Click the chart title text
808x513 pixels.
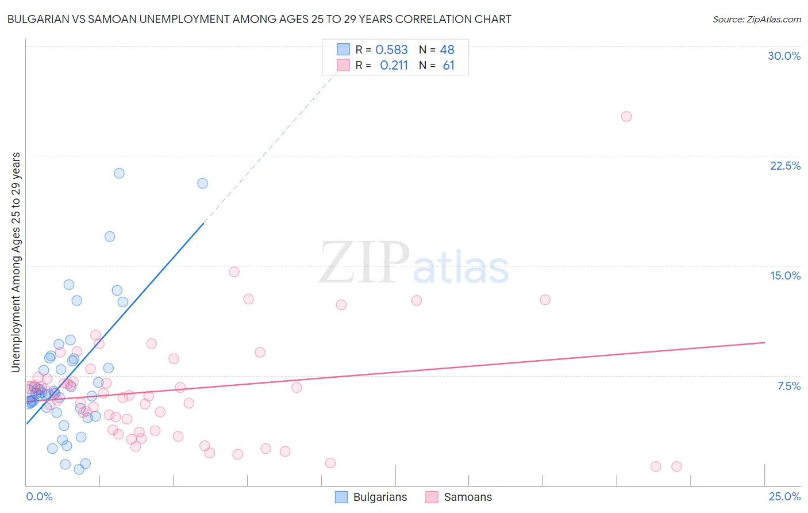point(259,20)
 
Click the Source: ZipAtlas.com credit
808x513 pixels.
point(756,20)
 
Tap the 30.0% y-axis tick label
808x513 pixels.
point(784,56)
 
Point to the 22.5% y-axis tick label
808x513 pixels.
point(785,166)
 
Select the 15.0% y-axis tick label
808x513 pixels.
point(785,275)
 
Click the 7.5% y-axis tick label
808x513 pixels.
point(788,386)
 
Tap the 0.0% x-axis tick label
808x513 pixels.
point(39,496)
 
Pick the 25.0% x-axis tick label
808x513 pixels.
point(784,496)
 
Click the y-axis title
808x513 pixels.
point(16,262)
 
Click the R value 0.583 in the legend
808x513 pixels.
point(391,50)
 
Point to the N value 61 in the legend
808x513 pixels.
point(448,66)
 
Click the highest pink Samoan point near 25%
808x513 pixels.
point(626,116)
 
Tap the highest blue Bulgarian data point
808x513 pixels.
point(119,173)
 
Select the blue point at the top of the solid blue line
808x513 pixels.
point(202,183)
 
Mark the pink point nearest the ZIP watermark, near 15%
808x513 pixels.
point(234,271)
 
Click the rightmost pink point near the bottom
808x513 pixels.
point(676,466)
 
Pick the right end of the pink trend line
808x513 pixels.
point(764,342)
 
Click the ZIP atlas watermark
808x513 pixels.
point(414,263)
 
